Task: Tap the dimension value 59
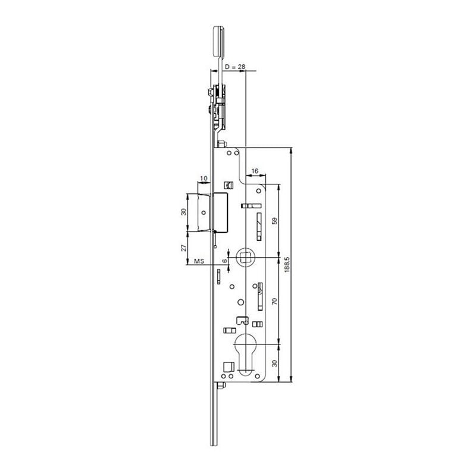[274, 221]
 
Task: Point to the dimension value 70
[274, 301]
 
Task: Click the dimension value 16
[255, 171]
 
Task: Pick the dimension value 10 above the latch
[203, 178]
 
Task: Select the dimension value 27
[184, 248]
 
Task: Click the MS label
[200, 261]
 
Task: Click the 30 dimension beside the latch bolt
[184, 212]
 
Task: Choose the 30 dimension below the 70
[274, 363]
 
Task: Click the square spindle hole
[245, 257]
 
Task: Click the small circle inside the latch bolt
[203, 212]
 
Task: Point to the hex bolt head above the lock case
[221, 145]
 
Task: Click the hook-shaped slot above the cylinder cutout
[242, 320]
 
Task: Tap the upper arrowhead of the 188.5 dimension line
[291, 149]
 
